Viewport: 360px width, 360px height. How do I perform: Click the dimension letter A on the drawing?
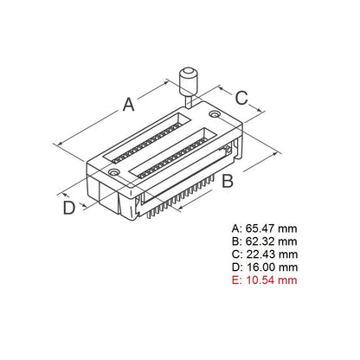[128, 105]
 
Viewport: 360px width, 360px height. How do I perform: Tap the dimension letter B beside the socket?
[227, 181]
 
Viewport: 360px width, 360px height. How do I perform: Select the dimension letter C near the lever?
[243, 97]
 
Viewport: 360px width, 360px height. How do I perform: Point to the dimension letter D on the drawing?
[67, 208]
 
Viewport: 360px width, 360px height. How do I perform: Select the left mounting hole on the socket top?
[114, 174]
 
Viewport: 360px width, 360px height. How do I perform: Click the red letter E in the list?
[235, 280]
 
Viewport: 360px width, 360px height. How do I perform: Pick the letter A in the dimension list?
[235, 228]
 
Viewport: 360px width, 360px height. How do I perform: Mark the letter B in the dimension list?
[235, 241]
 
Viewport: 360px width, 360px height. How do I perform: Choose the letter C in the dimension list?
[235, 254]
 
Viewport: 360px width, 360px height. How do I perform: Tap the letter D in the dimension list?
[235, 267]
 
